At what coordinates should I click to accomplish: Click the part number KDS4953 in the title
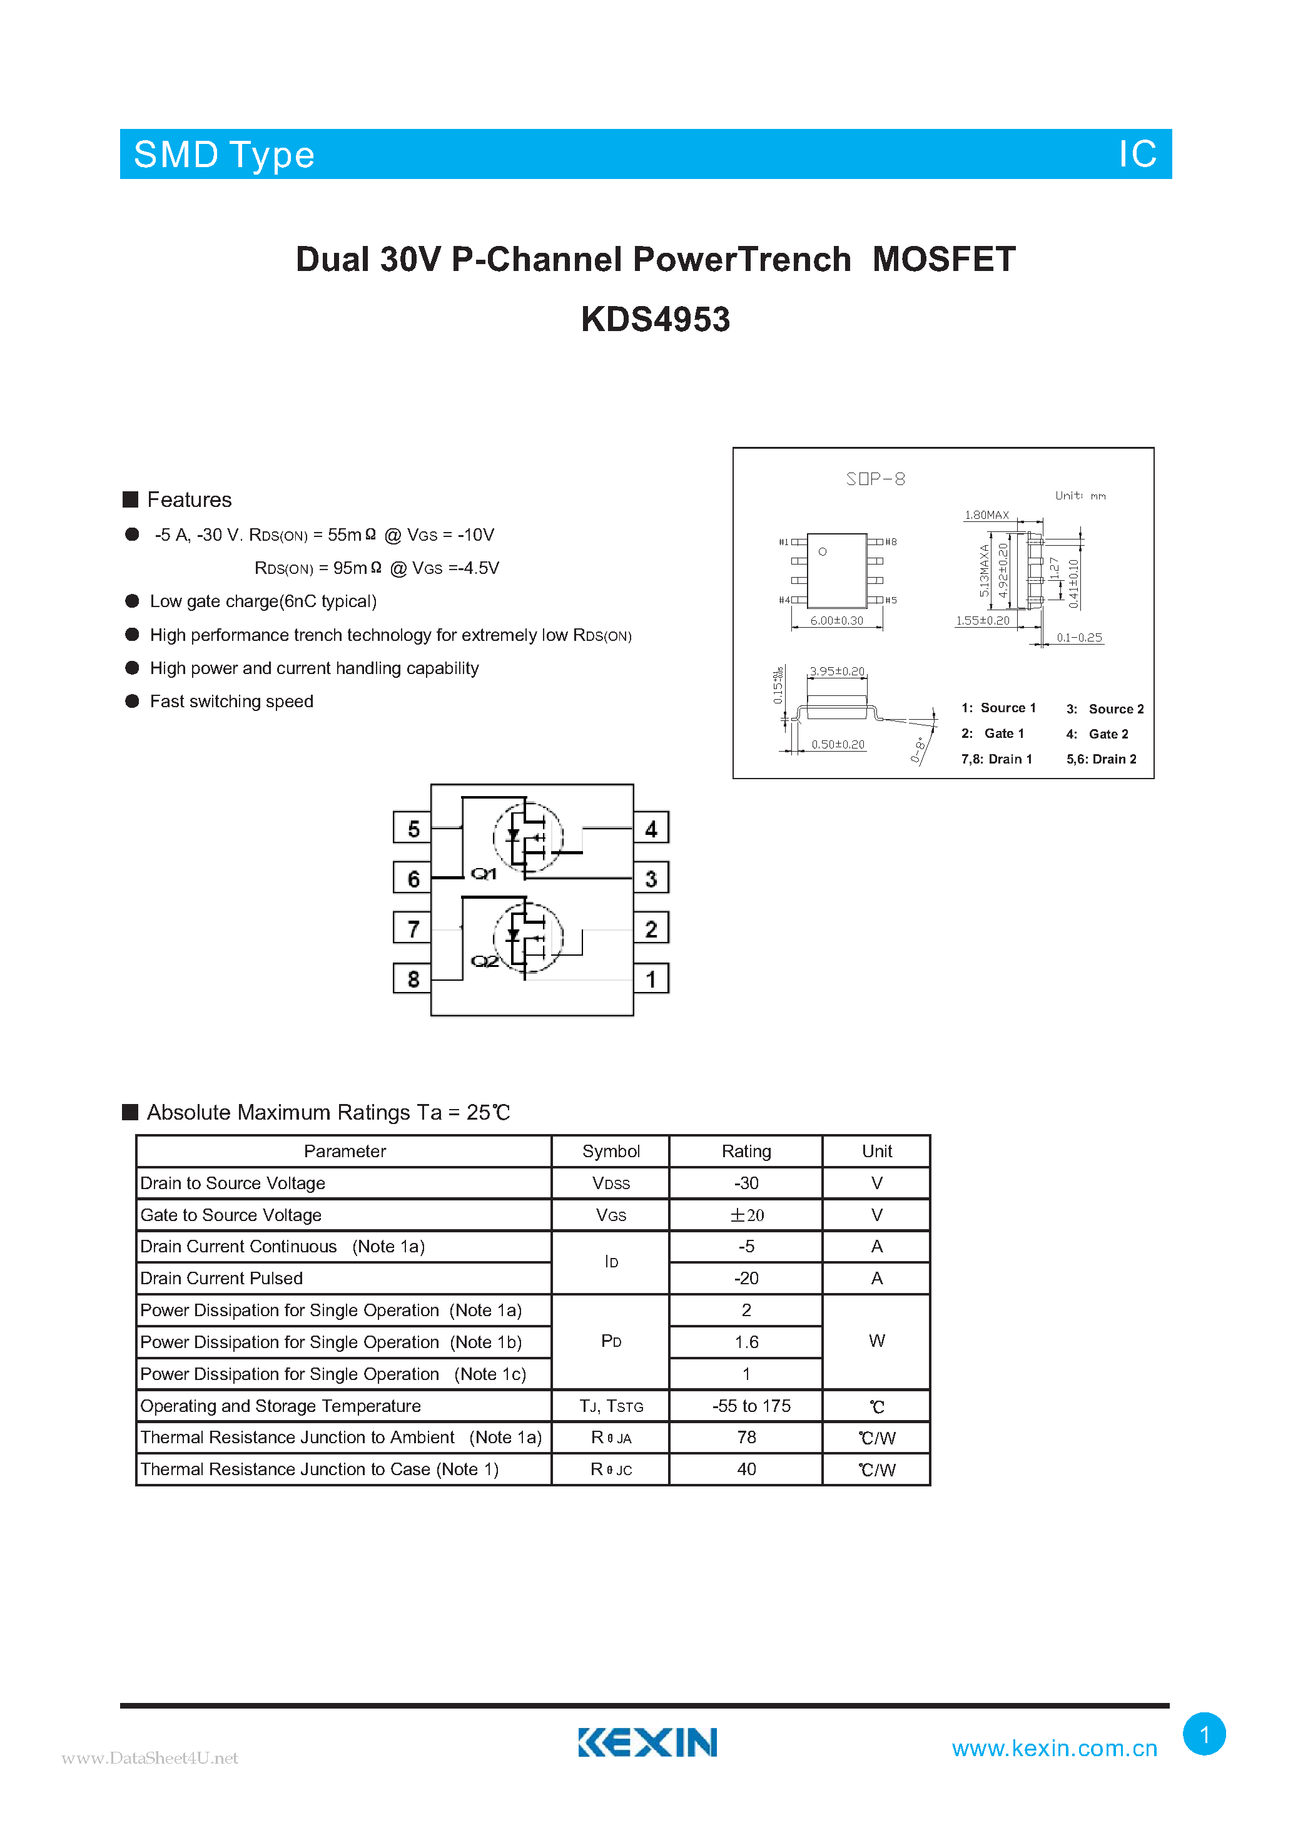(655, 320)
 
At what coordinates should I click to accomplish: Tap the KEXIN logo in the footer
(647, 1742)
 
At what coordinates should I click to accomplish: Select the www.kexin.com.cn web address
(1054, 1748)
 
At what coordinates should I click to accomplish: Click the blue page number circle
(1204, 1734)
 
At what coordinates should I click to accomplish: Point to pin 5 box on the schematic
(413, 828)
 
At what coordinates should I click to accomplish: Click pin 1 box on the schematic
(651, 979)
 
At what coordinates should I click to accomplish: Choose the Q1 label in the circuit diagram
(484, 874)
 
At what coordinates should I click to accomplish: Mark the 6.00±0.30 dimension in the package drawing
(836, 621)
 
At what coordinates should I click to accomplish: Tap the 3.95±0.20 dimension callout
(836, 671)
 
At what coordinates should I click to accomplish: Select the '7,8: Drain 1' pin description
(996, 759)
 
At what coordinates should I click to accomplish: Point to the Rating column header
(746, 1151)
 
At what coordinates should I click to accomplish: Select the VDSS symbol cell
(611, 1183)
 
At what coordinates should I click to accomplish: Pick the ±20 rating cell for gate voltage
(746, 1215)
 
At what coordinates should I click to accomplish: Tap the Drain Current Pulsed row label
(221, 1279)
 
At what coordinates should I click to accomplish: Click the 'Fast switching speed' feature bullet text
(231, 702)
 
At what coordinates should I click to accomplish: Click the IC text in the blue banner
(1137, 154)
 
